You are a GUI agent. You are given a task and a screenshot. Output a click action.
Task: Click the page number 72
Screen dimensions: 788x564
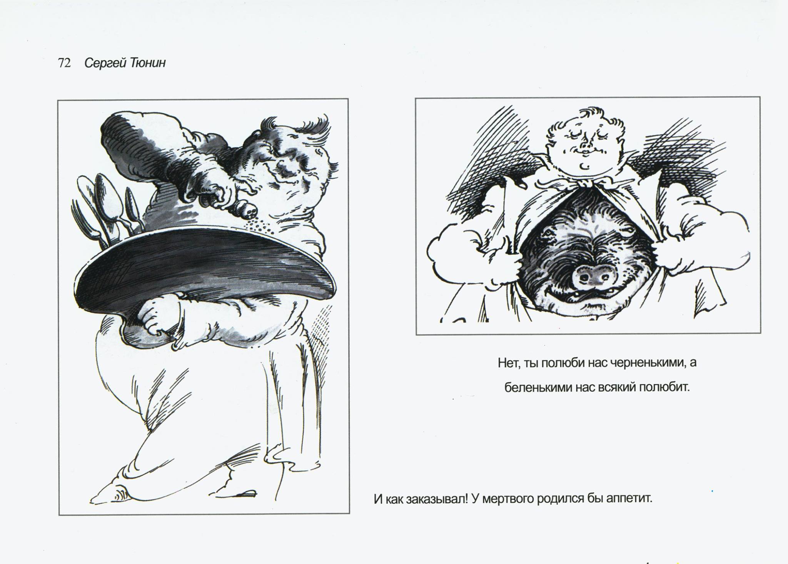[x=64, y=63]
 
